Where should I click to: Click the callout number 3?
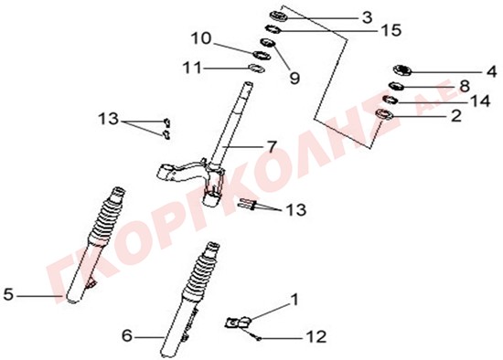[x=367, y=17]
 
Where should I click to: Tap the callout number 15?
[x=391, y=30]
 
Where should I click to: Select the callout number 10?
[x=201, y=38]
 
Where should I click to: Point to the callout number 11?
[x=192, y=68]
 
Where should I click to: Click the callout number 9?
[x=294, y=78]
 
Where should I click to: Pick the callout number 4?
[x=492, y=71]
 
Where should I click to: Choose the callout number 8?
[x=465, y=86]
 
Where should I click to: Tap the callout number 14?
[x=480, y=101]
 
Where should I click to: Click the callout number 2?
[x=455, y=116]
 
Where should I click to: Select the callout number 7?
[x=272, y=147]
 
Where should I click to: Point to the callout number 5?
[x=8, y=294]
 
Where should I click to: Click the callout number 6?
[x=127, y=336]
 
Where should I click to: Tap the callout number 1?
[x=294, y=300]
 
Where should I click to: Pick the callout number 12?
[x=316, y=336]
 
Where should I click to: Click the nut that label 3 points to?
[x=278, y=16]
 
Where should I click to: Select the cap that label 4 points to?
[x=402, y=70]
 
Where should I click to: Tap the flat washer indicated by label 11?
[x=257, y=69]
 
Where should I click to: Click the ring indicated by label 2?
[x=384, y=114]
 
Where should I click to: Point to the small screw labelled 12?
[x=255, y=335]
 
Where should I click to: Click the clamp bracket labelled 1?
[x=238, y=322]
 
